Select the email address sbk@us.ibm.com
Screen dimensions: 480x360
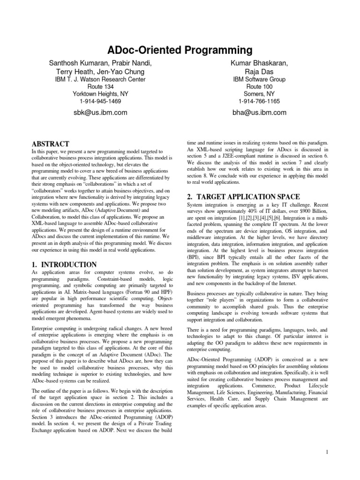tap(101, 112)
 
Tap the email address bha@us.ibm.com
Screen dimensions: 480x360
tap(259, 112)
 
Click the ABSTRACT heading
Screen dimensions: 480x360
tap(50, 143)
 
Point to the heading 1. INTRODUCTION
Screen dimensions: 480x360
tap(64, 265)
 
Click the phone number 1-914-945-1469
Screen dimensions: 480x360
tap(101, 101)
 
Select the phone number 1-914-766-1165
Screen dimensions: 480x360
tap(259, 101)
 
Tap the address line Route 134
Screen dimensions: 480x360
tap(101, 87)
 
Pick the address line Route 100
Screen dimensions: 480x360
tap(259, 87)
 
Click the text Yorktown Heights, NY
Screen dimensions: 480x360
tap(101, 94)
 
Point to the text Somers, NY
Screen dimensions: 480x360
tap(259, 94)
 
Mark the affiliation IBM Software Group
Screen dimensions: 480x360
tap(259, 80)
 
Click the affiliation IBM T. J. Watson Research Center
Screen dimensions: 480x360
tap(101, 80)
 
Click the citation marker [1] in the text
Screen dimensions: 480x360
tap(248, 219)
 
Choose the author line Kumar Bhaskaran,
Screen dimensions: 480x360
tap(259, 62)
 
